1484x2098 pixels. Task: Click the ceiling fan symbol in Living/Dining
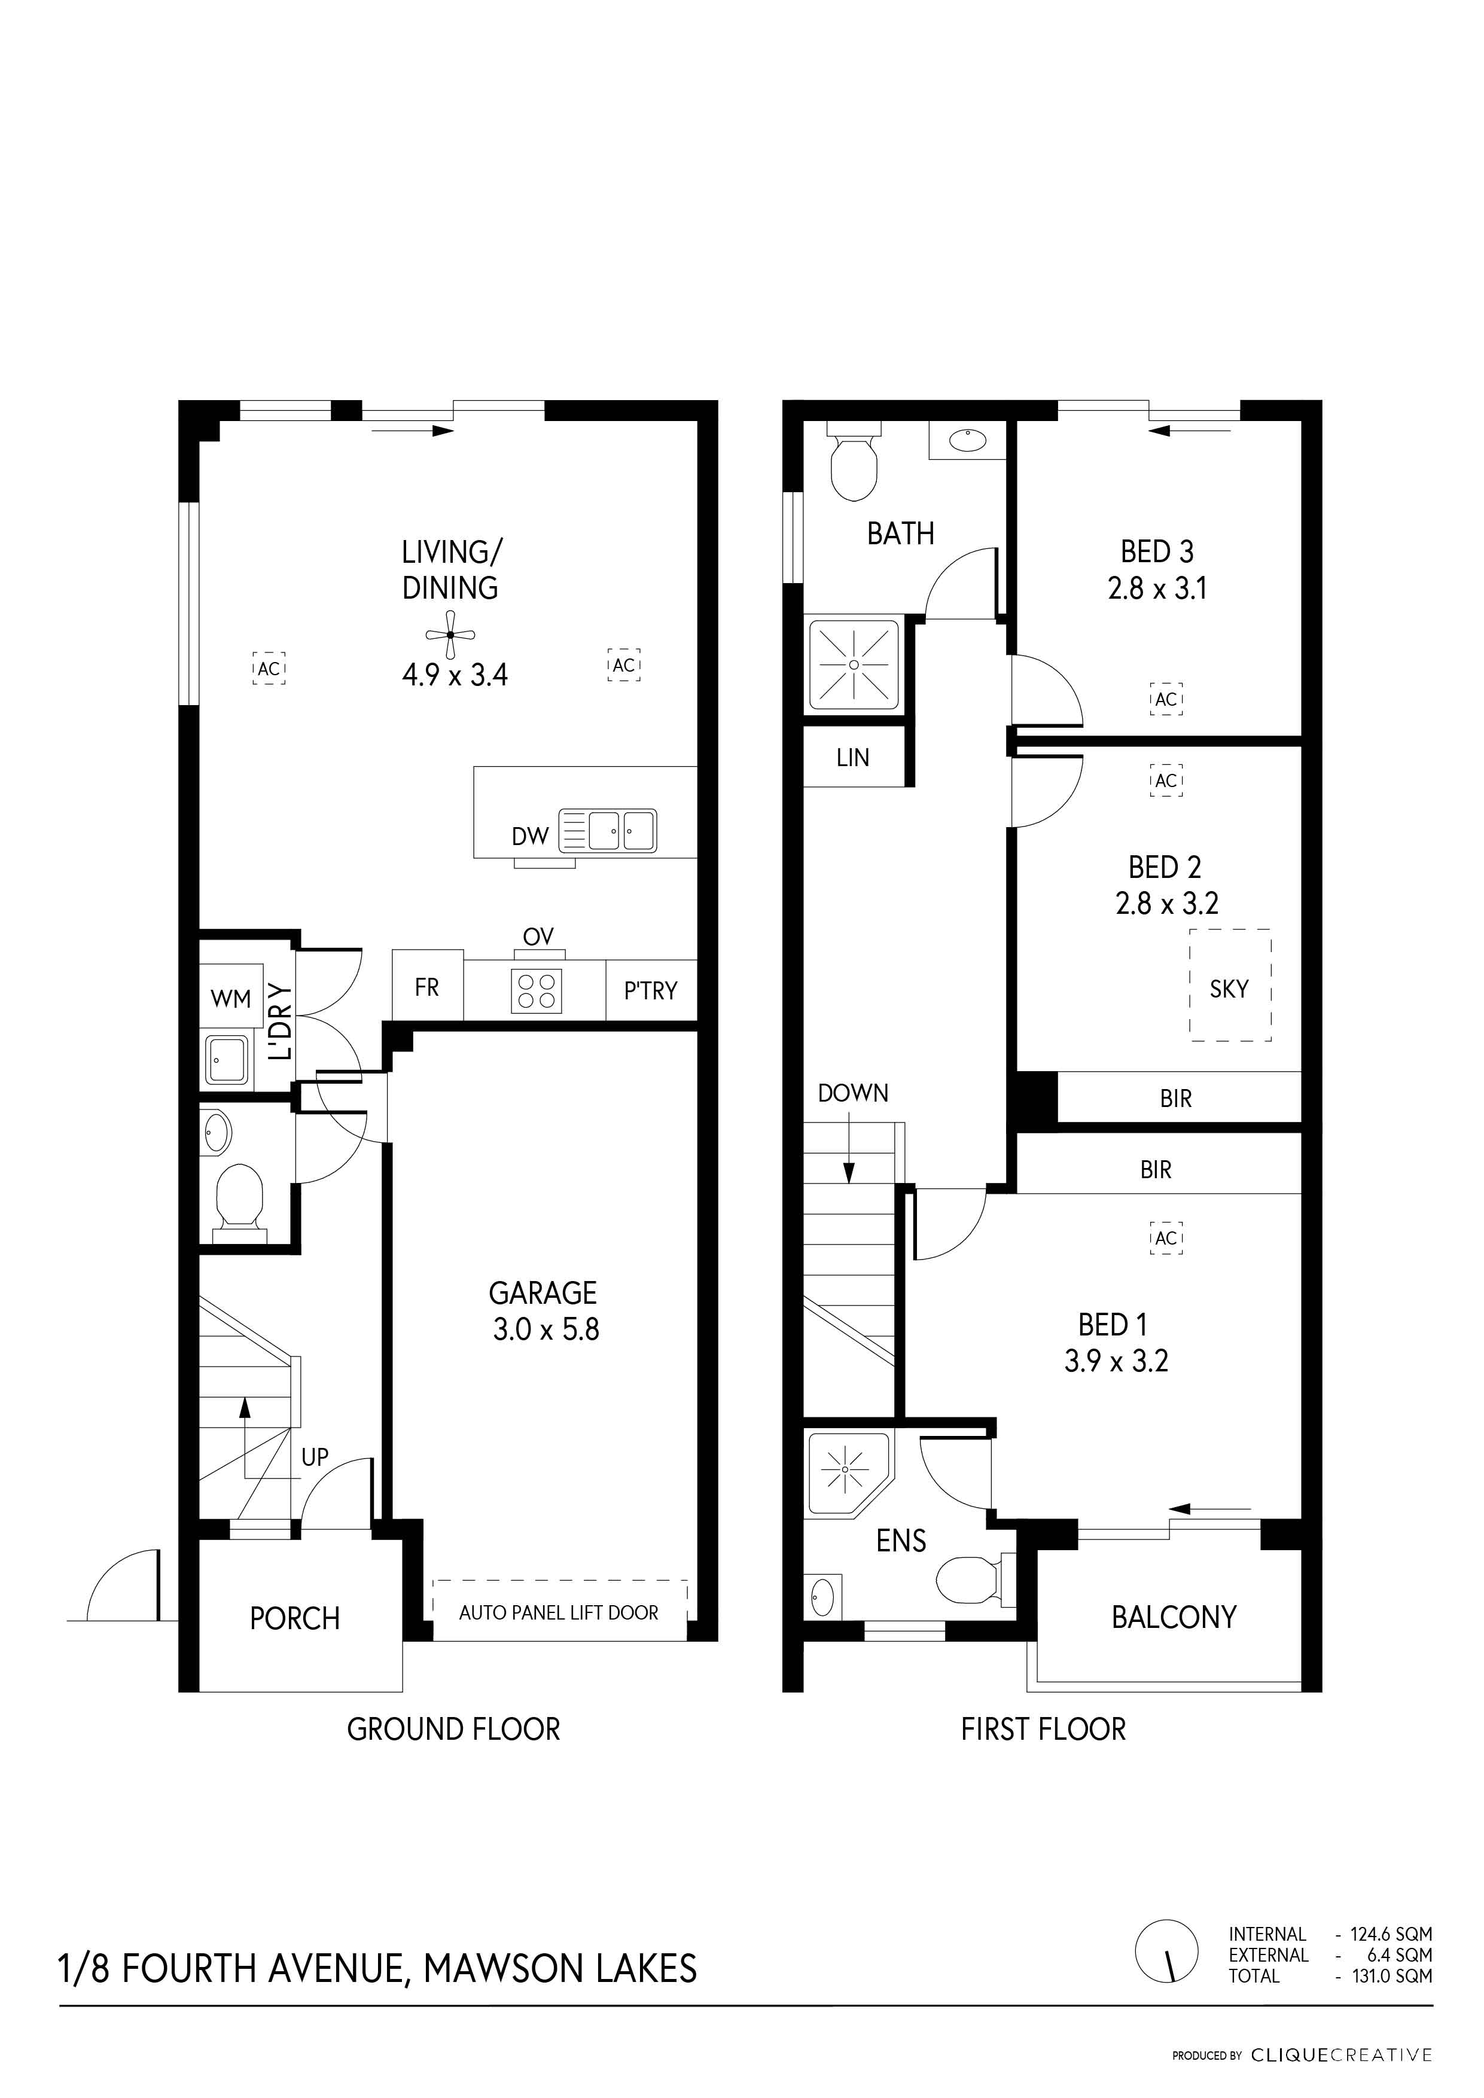pyautogui.click(x=450, y=634)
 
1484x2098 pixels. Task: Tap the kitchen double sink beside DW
pyautogui.click(x=608, y=830)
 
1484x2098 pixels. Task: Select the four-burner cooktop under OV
pyautogui.click(x=537, y=990)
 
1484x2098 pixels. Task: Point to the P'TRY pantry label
pyautogui.click(x=651, y=990)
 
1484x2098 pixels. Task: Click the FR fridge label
pyautogui.click(x=426, y=987)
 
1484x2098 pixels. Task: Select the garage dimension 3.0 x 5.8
pyautogui.click(x=546, y=1329)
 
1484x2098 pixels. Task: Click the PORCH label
pyautogui.click(x=294, y=1618)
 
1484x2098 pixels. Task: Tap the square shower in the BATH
pyautogui.click(x=854, y=664)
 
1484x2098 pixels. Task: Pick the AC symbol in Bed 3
pyautogui.click(x=1166, y=699)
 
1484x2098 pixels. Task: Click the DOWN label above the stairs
pyautogui.click(x=852, y=1093)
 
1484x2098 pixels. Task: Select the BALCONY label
pyautogui.click(x=1174, y=1617)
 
